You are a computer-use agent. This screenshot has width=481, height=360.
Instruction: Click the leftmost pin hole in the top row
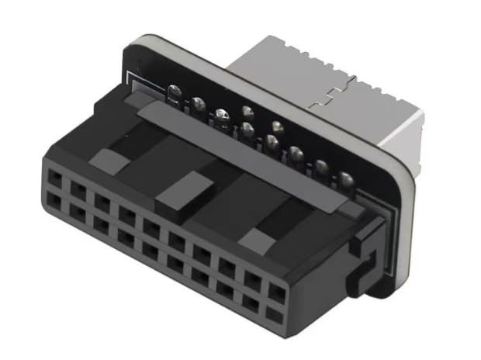click(55, 180)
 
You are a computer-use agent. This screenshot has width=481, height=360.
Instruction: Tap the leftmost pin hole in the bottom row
click(54, 201)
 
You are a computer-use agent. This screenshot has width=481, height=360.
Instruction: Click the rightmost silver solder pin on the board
click(346, 181)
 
